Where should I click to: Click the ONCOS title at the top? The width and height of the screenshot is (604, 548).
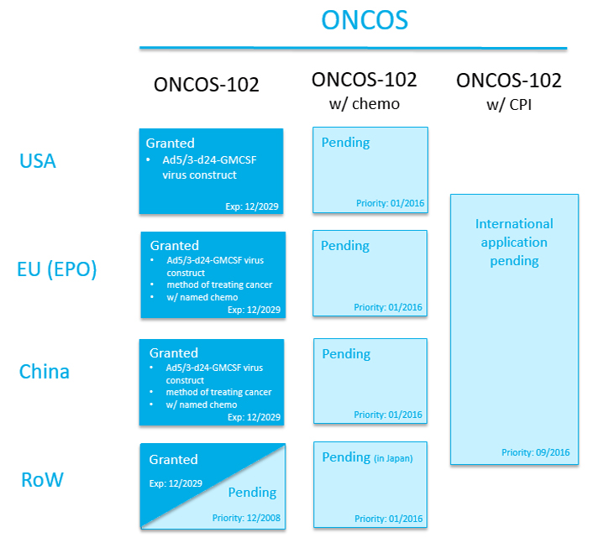click(365, 20)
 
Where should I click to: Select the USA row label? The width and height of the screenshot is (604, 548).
click(38, 161)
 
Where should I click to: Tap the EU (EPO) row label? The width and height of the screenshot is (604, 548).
click(57, 269)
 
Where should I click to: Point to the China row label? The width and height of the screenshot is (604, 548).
click(45, 372)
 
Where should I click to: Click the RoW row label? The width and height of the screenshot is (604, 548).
click(42, 480)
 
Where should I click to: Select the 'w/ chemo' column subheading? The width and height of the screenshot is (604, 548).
click(365, 104)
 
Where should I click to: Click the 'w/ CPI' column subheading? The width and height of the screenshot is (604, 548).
click(509, 105)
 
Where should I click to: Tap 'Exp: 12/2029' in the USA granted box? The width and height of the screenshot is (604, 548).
click(252, 206)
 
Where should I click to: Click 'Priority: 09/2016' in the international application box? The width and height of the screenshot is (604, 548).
click(535, 452)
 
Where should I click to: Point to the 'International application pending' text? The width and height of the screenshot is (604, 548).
click(514, 242)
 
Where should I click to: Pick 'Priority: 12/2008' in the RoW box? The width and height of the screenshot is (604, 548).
click(246, 518)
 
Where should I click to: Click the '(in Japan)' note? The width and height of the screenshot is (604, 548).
click(393, 458)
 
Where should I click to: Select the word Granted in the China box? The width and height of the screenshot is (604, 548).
click(174, 353)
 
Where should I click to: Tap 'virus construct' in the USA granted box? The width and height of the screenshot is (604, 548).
click(200, 175)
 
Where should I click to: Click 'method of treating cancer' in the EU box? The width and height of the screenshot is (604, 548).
click(219, 284)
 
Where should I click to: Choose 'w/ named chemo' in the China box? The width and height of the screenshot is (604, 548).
click(202, 404)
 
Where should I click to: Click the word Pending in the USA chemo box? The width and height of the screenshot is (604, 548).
click(345, 143)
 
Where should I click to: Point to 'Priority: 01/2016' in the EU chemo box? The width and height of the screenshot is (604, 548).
click(388, 307)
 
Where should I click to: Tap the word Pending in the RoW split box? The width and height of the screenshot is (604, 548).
click(252, 493)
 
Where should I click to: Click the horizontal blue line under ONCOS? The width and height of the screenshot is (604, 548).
click(353, 48)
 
